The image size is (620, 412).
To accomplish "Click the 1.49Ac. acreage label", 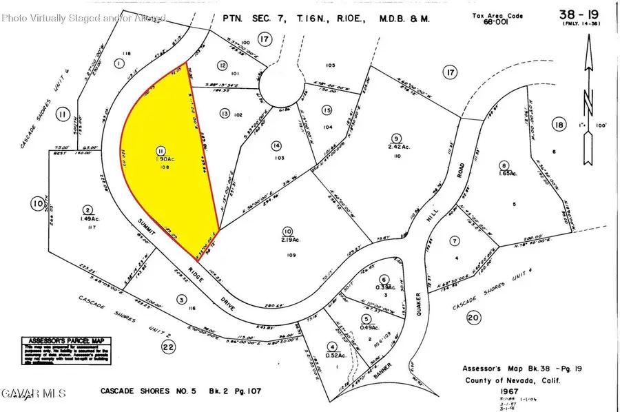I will pyautogui.click(x=87, y=218).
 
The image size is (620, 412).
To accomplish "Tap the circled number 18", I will pyautogui.click(x=558, y=123).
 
